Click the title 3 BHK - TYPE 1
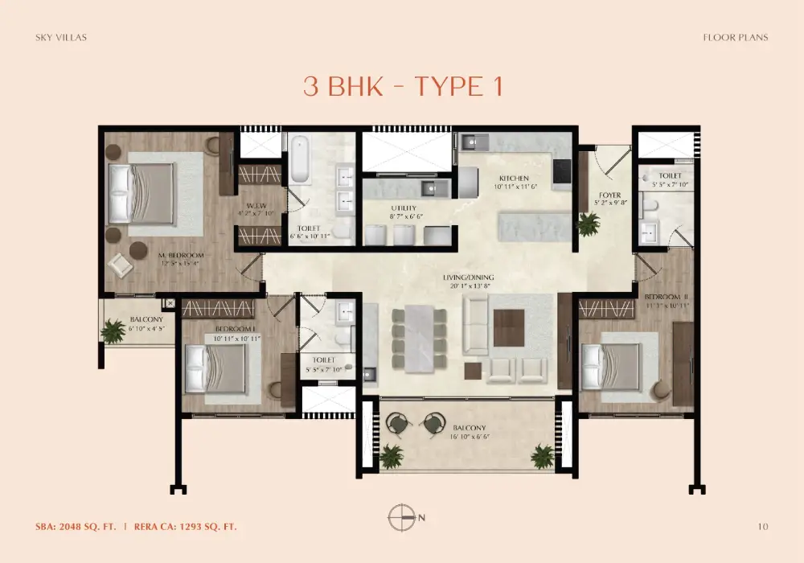click(x=403, y=87)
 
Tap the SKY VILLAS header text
click(x=60, y=37)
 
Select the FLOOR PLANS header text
click(x=735, y=37)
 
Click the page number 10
click(x=763, y=527)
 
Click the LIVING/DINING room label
click(x=468, y=277)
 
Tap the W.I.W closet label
click(x=256, y=206)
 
